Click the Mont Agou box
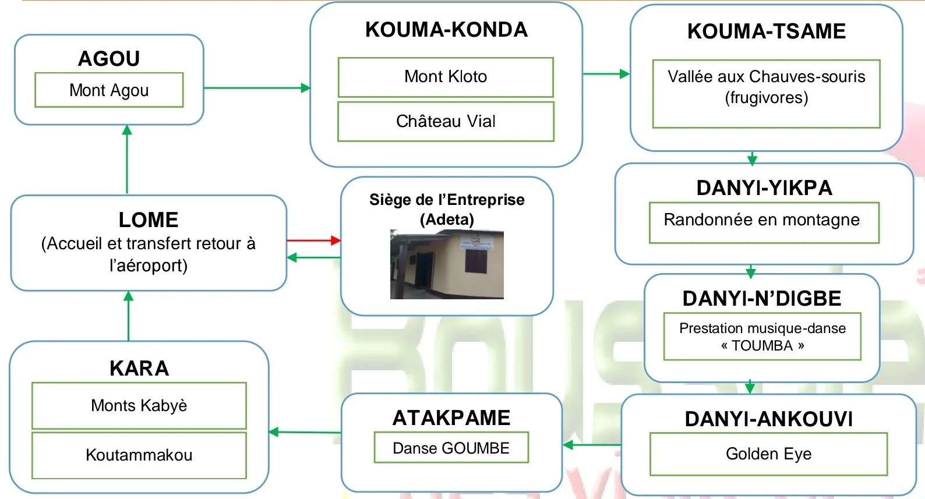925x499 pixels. [x=109, y=90]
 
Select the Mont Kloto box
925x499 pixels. [x=446, y=77]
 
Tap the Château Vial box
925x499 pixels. [x=446, y=121]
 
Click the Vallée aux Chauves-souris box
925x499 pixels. [x=766, y=93]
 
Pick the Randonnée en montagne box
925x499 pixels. [x=764, y=222]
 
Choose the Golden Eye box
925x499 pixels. [x=768, y=454]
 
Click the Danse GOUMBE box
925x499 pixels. [x=451, y=448]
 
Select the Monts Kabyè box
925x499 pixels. [x=139, y=405]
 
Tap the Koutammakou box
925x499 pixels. [x=139, y=455]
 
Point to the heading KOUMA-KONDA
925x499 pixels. [x=446, y=30]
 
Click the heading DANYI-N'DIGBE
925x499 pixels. [x=762, y=299]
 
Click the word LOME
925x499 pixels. [x=149, y=220]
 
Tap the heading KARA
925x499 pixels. [x=139, y=369]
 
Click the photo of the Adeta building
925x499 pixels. [x=447, y=265]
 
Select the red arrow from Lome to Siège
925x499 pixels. [x=313, y=240]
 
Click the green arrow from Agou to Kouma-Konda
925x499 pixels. [x=257, y=88]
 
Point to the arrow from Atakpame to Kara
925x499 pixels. [x=305, y=432]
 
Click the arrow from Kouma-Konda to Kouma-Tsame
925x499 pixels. [x=606, y=74]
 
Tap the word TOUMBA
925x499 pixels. [x=762, y=346]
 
